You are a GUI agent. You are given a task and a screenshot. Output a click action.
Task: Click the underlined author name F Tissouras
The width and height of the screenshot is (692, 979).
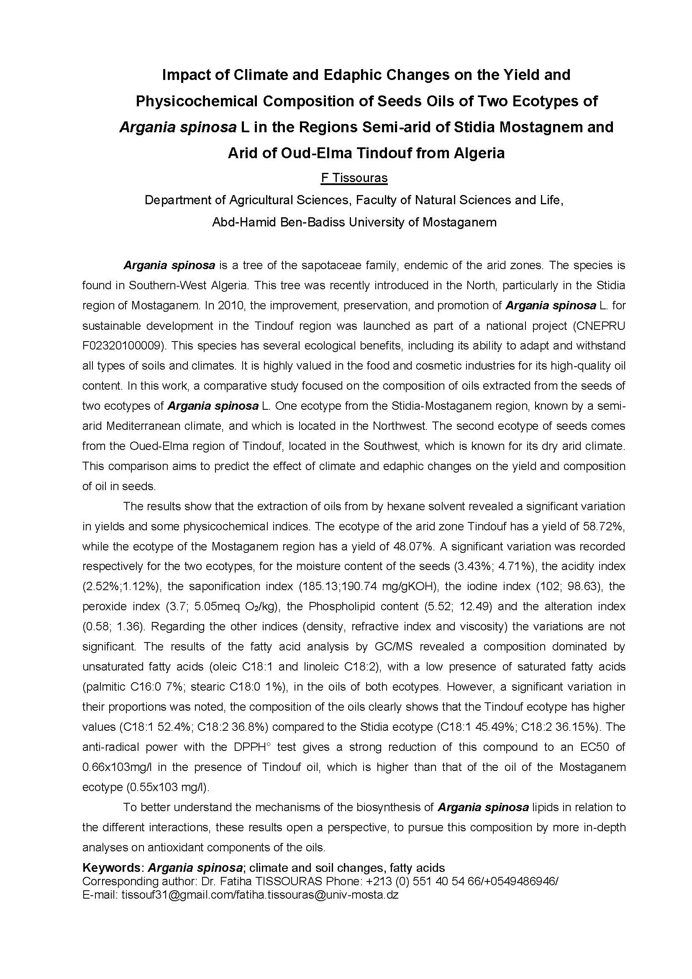click(354, 177)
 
